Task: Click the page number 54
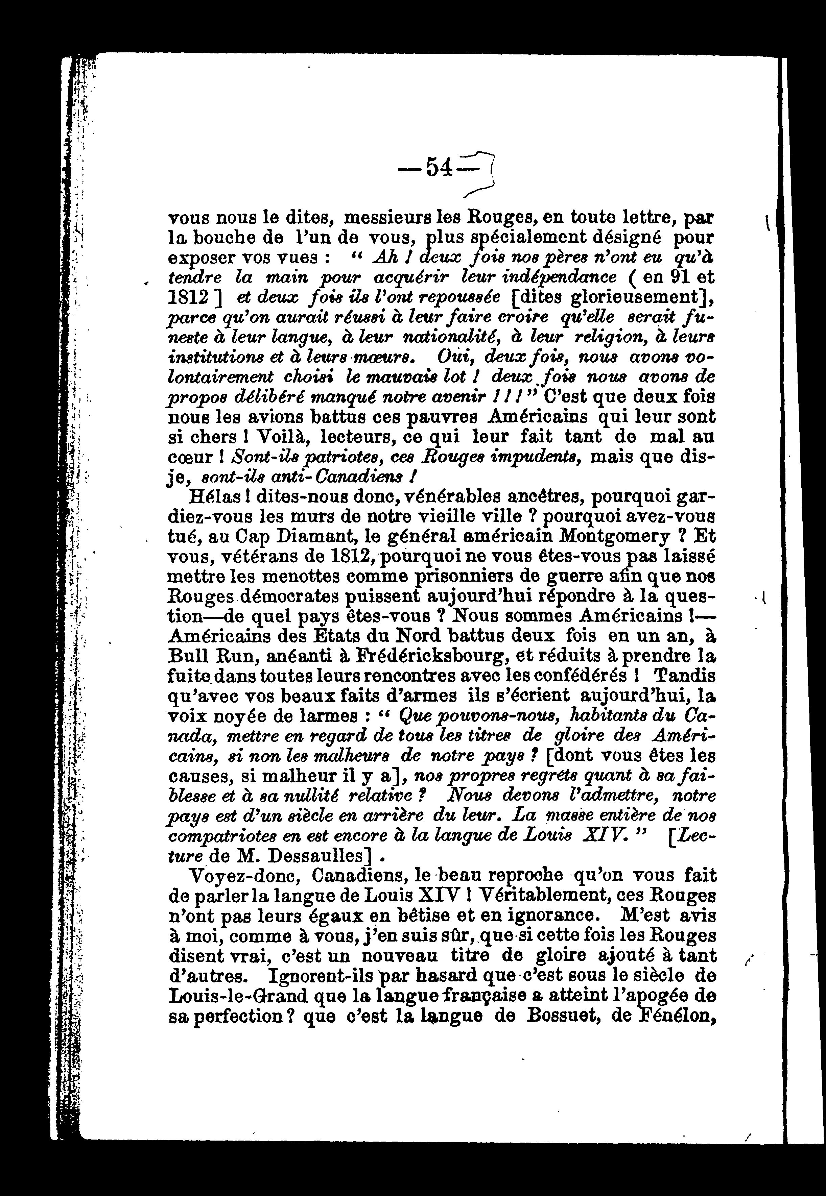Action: click(x=440, y=168)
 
